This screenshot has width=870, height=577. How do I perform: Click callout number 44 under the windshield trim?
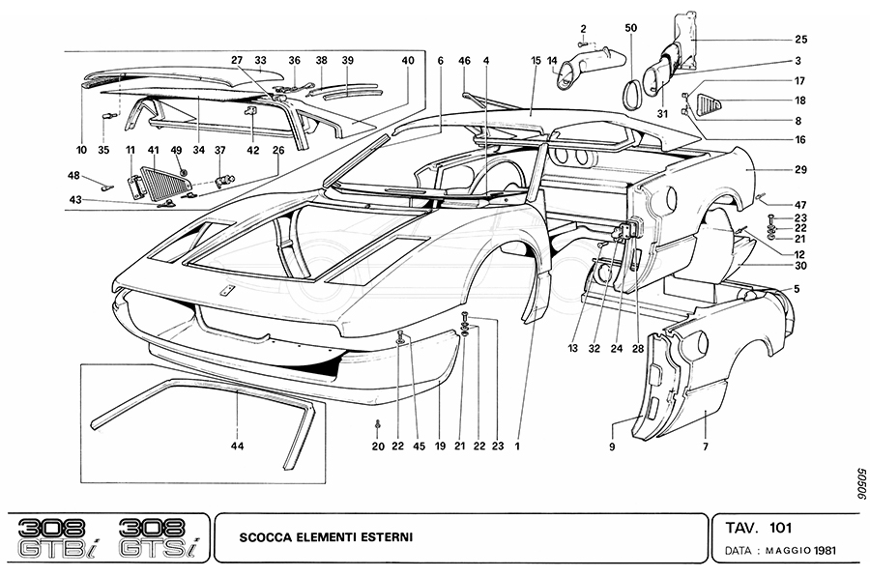pos(237,447)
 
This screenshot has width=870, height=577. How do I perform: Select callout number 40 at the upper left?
pos(408,60)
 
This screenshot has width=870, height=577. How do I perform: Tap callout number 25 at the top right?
pos(801,40)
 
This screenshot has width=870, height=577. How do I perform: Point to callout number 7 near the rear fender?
pos(705,447)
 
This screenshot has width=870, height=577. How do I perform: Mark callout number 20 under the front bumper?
pos(378,447)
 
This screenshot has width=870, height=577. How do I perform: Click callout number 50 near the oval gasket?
pos(630,28)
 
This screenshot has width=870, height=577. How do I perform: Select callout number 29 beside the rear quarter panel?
pos(801,169)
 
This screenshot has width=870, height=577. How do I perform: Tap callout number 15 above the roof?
pos(535,60)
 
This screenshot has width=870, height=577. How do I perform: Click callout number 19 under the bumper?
pos(441,447)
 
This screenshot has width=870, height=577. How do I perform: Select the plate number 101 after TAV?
pos(782,528)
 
